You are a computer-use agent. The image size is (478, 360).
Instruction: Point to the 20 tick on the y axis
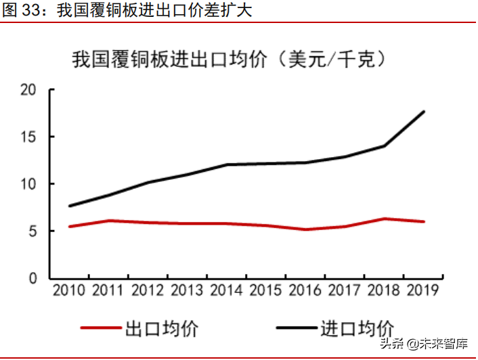tap(28, 90)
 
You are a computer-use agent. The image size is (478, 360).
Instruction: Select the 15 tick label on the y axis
tap(28, 137)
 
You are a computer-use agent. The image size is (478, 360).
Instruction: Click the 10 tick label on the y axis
tap(28, 184)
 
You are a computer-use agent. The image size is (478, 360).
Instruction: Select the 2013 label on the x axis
tap(188, 290)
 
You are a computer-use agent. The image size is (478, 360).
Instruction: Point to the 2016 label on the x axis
tap(305, 290)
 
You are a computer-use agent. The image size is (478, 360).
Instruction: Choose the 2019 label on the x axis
tap(422, 290)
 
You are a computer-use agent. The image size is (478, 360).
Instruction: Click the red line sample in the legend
tap(102, 329)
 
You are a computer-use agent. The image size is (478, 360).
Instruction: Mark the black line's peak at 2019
tap(424, 112)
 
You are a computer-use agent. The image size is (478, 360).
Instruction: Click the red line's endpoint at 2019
tap(424, 221)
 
